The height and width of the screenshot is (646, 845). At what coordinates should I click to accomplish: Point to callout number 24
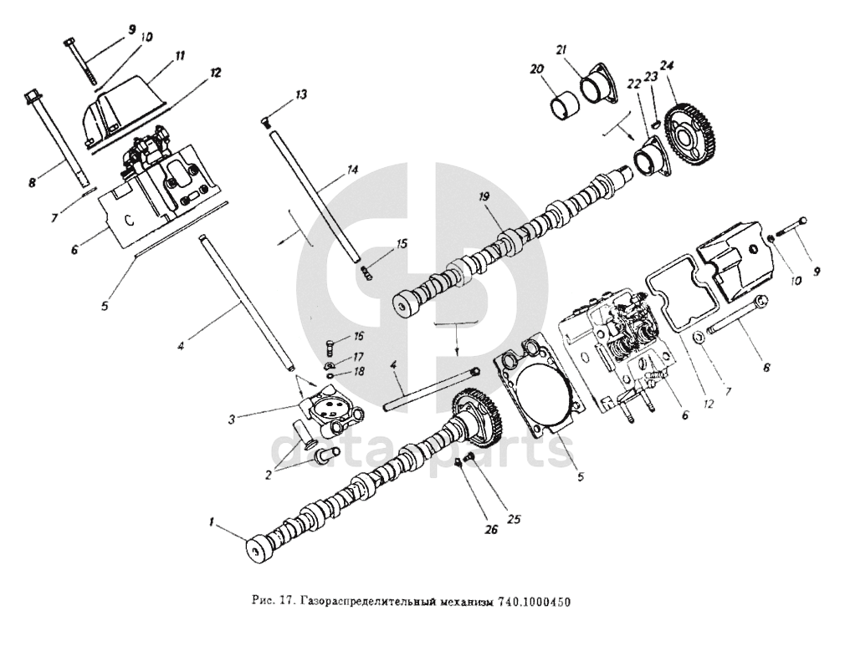click(667, 65)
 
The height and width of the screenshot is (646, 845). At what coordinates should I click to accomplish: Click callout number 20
click(537, 69)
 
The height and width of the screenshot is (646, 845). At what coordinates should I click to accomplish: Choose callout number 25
click(515, 519)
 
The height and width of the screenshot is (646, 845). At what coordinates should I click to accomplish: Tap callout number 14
click(352, 170)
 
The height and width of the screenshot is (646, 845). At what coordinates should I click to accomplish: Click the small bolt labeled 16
click(328, 343)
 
